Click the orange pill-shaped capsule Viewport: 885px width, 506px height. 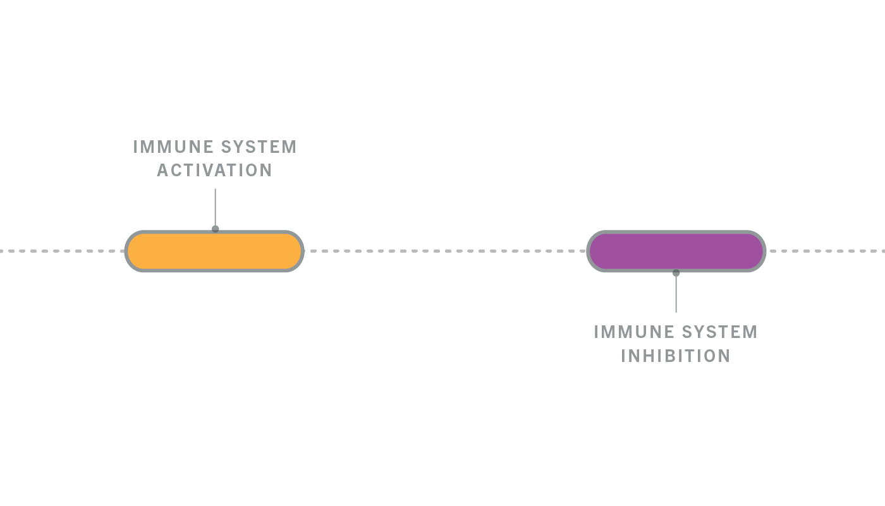coord(214,251)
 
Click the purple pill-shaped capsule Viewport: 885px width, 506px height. coord(676,251)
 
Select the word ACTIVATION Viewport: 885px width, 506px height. coord(214,171)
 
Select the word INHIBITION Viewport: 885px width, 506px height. coord(676,356)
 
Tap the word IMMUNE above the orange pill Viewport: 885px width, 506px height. coord(174,147)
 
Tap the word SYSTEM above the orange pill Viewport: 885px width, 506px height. coord(259,147)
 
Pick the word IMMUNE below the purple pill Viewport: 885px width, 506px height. coord(635,332)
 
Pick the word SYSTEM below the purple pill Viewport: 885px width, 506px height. coord(720,332)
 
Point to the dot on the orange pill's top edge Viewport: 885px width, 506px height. coord(216,229)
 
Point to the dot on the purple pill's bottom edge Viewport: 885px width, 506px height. coord(676,273)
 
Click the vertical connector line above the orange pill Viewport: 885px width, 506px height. coord(216,207)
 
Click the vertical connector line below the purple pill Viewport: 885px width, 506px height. coord(676,294)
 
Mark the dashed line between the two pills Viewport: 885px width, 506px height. coord(445,251)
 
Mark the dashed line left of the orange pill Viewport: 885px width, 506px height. coord(62,251)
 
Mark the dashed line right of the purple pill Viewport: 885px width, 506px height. coord(826,251)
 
